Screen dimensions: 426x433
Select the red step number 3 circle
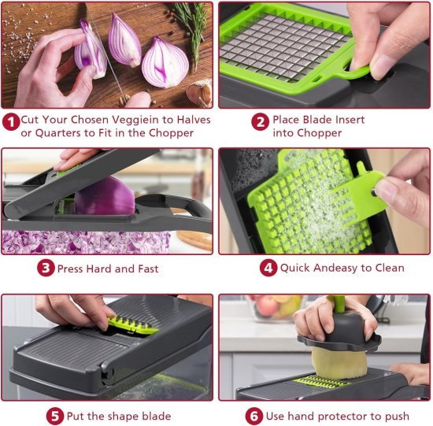tap(46, 269)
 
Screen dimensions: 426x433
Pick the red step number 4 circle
tap(268, 268)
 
